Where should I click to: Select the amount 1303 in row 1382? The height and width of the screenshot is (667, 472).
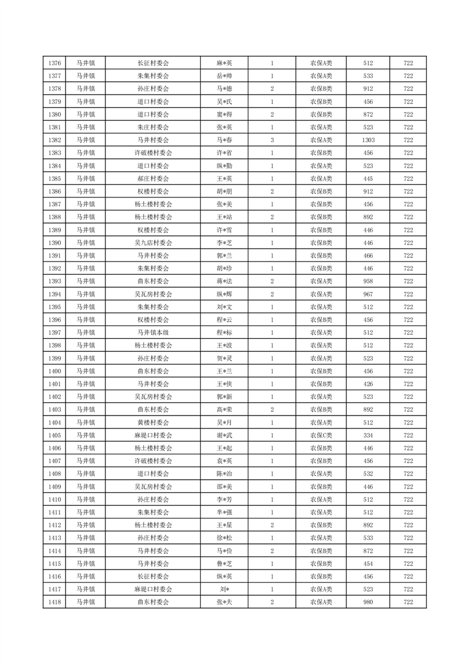[x=367, y=140]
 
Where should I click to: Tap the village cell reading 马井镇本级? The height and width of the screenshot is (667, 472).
[x=153, y=332]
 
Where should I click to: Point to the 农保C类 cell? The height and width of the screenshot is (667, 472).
[x=321, y=435]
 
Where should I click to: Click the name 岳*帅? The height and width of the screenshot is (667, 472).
[x=224, y=76]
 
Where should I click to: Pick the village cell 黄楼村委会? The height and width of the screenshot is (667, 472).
[x=153, y=423]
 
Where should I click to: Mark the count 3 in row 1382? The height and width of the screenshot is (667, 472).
[x=272, y=140]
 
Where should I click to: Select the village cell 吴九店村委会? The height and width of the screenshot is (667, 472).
[x=153, y=243]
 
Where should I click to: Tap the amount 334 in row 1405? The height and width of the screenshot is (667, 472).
[x=367, y=435]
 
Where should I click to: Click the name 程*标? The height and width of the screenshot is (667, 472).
[x=224, y=332]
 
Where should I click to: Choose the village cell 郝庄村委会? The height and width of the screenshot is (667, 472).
[x=153, y=178]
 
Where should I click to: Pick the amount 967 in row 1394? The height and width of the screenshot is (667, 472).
[x=367, y=294]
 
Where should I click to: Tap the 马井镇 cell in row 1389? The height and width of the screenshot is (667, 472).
[x=86, y=229]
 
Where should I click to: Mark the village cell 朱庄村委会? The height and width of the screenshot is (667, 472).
[x=153, y=127]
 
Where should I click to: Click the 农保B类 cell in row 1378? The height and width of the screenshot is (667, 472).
[x=321, y=89]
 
